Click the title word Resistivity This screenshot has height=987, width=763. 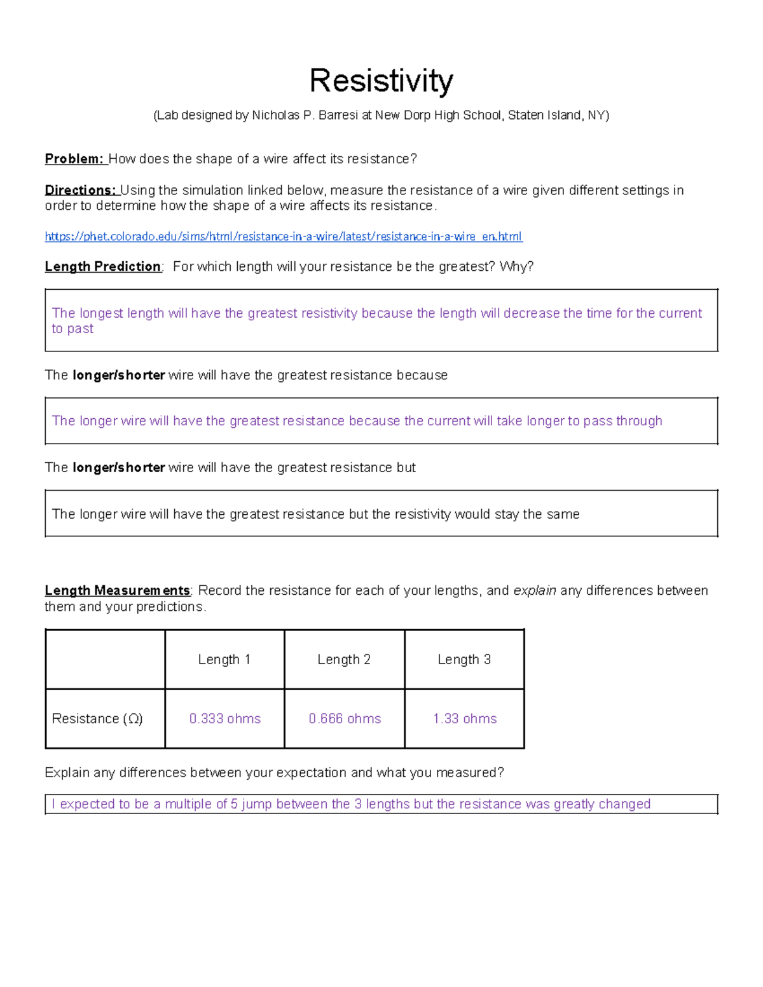coord(381,81)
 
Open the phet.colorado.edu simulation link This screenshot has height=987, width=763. coord(283,236)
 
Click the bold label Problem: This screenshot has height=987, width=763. coord(74,159)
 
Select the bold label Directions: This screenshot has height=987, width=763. coord(80,190)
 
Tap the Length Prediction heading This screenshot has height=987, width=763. coord(102,266)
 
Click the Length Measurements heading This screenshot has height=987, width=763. coord(117,590)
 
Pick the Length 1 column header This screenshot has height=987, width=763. coord(224,660)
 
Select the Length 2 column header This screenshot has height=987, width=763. coord(344,660)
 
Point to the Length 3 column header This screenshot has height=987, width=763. coord(464,660)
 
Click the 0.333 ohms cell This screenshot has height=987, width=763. coord(225,719)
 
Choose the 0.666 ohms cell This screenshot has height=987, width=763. coord(345,719)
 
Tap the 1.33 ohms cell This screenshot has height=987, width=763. coord(465,719)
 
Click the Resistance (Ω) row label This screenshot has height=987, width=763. coord(97,719)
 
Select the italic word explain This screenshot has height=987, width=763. coord(535,590)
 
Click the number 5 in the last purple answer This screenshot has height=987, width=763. coord(234,804)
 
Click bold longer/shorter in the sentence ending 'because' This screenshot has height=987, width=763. coord(119,375)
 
